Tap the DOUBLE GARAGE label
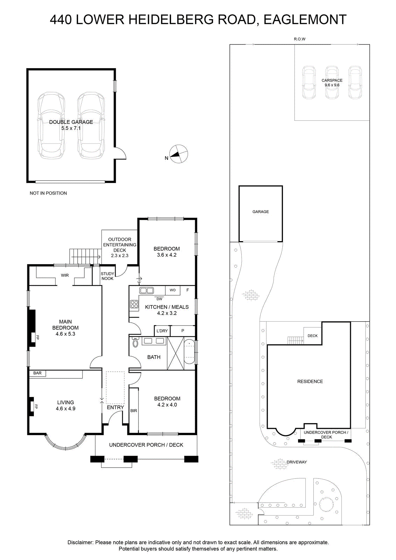pyautogui.click(x=71, y=122)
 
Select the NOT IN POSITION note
pyautogui.click(x=48, y=193)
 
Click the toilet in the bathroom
pyautogui.click(x=135, y=342)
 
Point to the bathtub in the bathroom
pyautogui.click(x=189, y=351)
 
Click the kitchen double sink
pyautogui.click(x=147, y=290)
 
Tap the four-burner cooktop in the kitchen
pyautogui.click(x=134, y=304)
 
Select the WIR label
pyautogui.click(x=65, y=275)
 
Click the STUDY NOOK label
pyautogui.click(x=107, y=276)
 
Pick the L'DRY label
pyautogui.click(x=162, y=331)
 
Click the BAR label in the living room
pyautogui.click(x=37, y=373)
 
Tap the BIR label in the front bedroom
pyautogui.click(x=134, y=411)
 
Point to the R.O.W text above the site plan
pyautogui.click(x=299, y=39)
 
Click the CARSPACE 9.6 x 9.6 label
pyautogui.click(x=332, y=83)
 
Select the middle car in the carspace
pyautogui.click(x=332, y=82)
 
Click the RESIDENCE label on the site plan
pyautogui.click(x=310, y=381)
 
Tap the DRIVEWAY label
pyautogui.click(x=297, y=462)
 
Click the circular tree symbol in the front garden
pyautogui.click(x=326, y=505)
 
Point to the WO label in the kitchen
pyautogui.click(x=173, y=290)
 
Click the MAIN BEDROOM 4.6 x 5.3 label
pyautogui.click(x=65, y=328)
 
